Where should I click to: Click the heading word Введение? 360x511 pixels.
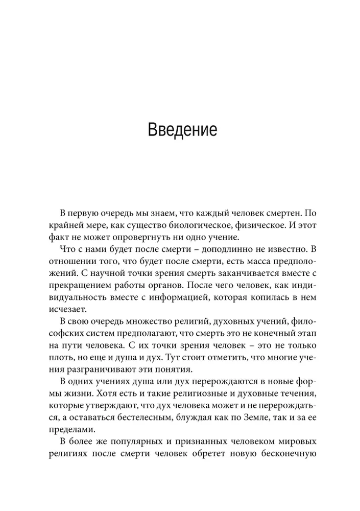tap(182, 129)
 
